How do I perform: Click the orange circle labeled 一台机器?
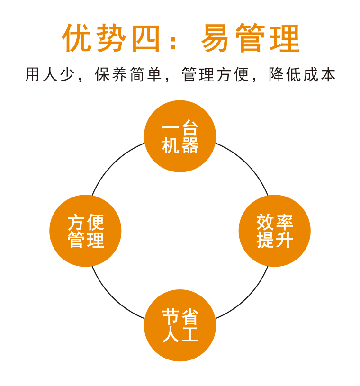point(180,136)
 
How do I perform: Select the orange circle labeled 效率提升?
point(275,231)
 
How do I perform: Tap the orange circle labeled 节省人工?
point(180,325)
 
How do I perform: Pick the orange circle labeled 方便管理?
point(85,231)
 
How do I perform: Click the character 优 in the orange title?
point(77,38)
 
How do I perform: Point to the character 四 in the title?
point(146,38)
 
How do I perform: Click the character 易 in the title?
point(215,38)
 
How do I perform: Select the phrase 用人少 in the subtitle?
point(50,74)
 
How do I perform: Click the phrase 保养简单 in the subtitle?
point(128,74)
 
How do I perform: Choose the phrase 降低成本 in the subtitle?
point(302,74)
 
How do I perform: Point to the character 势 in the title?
point(111,38)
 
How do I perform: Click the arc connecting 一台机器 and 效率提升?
point(246,164)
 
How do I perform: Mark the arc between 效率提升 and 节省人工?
point(246,297)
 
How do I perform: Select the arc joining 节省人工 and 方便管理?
point(113,297)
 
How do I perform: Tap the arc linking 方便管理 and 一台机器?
point(113,164)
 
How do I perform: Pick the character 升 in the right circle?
point(285,240)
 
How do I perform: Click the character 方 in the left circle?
point(76,222)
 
